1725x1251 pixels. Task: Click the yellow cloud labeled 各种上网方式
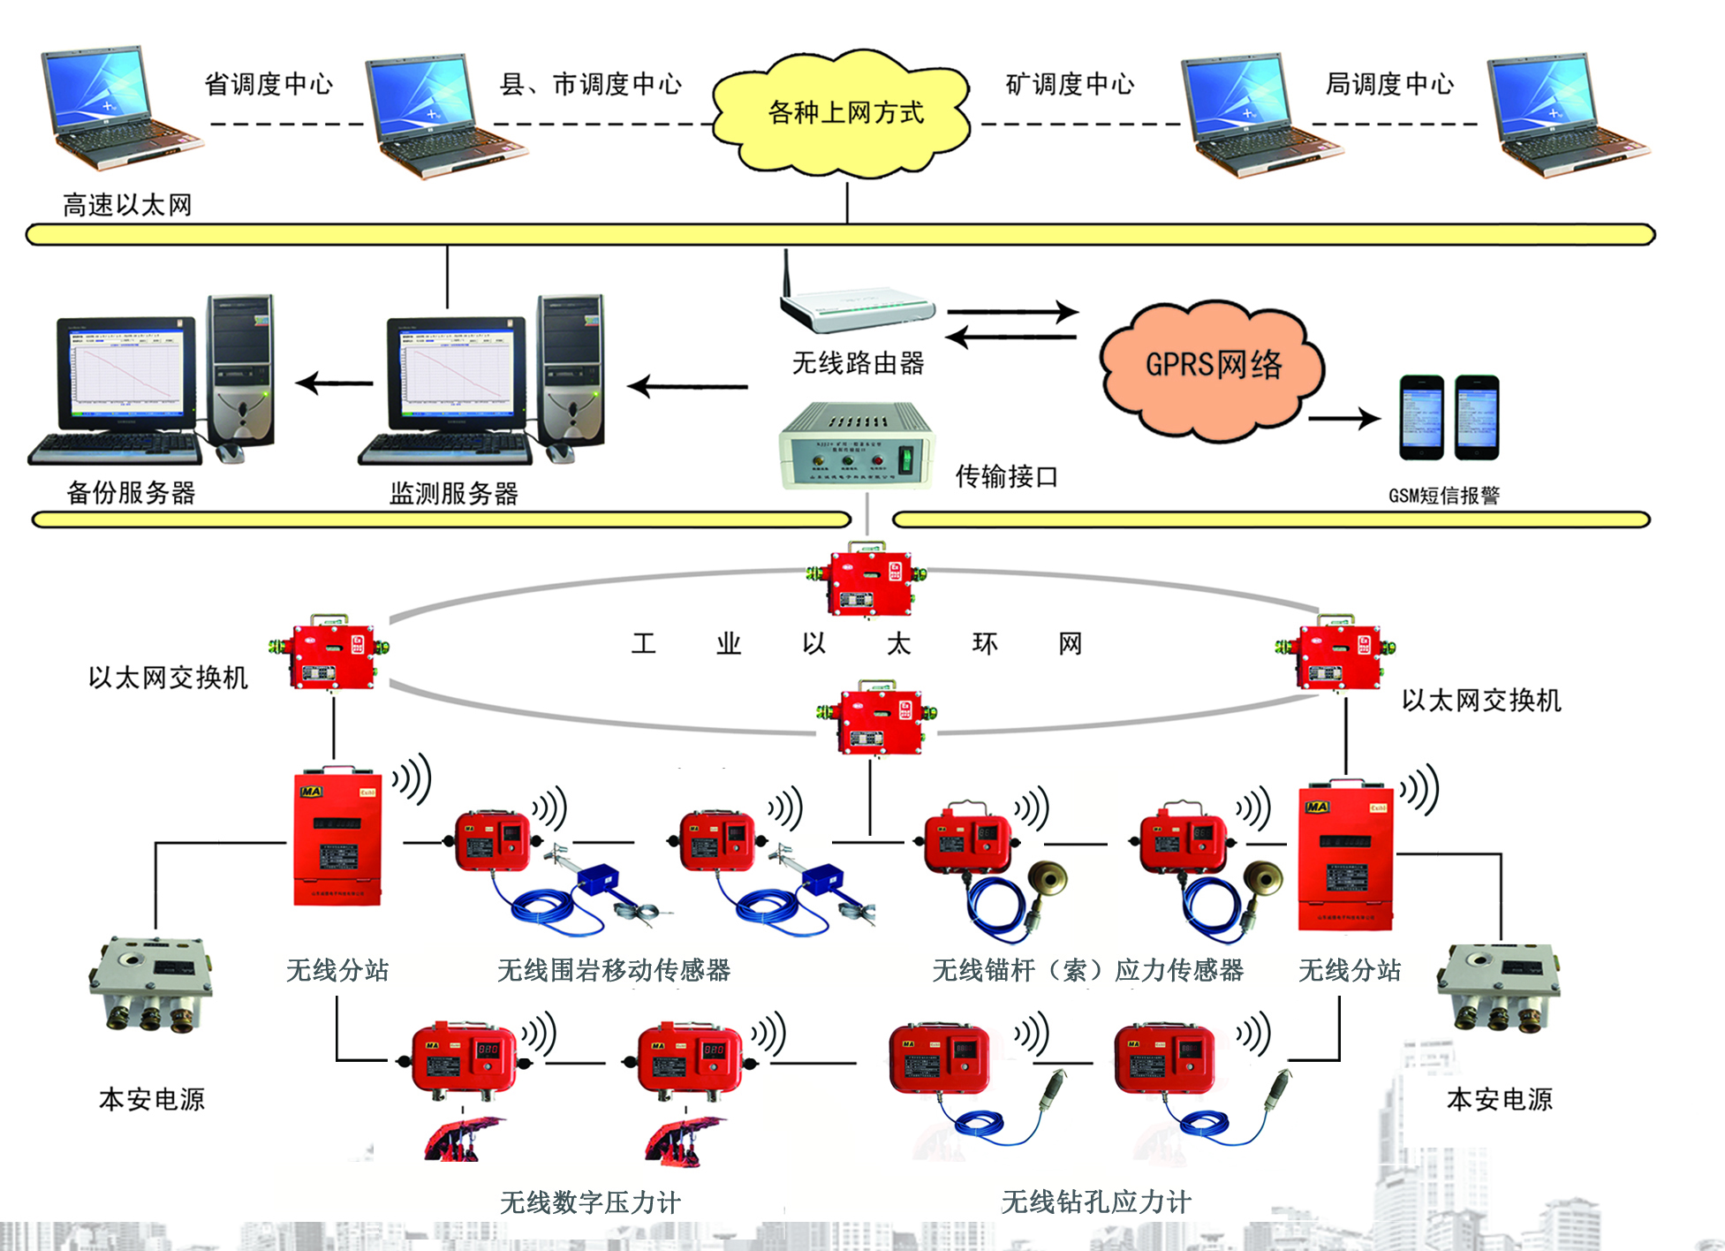click(x=844, y=113)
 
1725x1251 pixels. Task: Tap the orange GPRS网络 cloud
click(x=1212, y=367)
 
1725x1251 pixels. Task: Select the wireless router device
click(x=856, y=306)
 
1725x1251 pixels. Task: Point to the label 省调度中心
click(x=269, y=85)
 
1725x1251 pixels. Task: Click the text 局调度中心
click(x=1389, y=85)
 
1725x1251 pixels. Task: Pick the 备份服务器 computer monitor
click(x=127, y=375)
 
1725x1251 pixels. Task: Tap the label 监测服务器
click(x=454, y=494)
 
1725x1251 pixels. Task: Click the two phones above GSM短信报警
click(x=1449, y=417)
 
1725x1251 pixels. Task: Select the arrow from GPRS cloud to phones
click(x=1344, y=419)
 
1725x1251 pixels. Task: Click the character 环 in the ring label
click(x=985, y=644)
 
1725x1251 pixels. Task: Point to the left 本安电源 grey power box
click(x=151, y=984)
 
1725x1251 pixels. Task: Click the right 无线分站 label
click(x=1349, y=971)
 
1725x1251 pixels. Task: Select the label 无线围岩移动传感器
click(x=614, y=971)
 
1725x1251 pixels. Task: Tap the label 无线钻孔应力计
click(x=1095, y=1202)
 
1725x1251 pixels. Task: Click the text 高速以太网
click(x=127, y=206)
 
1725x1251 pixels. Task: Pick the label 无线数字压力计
click(x=590, y=1202)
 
